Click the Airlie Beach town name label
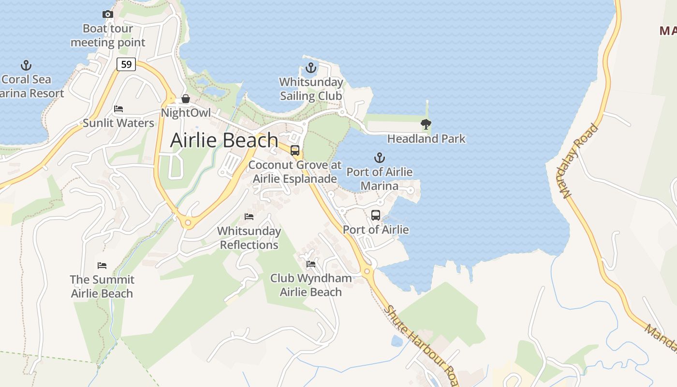(x=224, y=140)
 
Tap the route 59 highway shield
(x=126, y=64)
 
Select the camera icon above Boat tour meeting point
(x=108, y=15)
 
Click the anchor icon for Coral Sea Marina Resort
(x=26, y=65)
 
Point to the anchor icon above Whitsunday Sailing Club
(x=311, y=68)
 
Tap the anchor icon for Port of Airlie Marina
(x=380, y=158)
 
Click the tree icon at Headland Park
(x=426, y=124)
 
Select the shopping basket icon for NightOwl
(x=186, y=99)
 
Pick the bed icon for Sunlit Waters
(x=118, y=109)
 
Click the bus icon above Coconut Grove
(x=295, y=150)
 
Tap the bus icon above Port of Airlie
(x=376, y=215)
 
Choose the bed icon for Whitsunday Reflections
(x=249, y=217)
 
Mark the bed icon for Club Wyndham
(x=311, y=264)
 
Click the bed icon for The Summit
(x=102, y=266)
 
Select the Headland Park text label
(x=426, y=139)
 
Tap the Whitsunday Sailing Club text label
(x=311, y=89)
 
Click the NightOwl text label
(x=186, y=113)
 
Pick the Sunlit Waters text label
(x=118, y=123)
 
